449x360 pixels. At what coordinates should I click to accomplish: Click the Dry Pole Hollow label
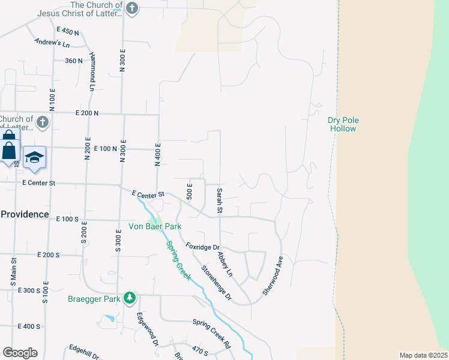pos(343,124)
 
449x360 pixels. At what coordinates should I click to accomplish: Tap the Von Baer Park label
pos(155,226)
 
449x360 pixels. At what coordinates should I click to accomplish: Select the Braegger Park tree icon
pos(130,298)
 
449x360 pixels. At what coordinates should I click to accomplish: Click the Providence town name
pos(24,214)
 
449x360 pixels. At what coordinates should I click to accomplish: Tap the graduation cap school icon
pos(34,157)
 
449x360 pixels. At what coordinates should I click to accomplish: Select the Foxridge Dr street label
pos(203,247)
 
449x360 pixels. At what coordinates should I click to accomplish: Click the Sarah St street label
pos(220,200)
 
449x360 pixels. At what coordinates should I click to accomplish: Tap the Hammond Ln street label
pos(93,71)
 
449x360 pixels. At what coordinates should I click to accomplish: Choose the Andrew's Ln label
pos(52,43)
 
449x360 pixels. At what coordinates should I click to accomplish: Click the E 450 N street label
pos(68,31)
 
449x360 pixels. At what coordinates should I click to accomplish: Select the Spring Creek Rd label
pos(211,332)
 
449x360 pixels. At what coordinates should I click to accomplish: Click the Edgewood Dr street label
pos(147,329)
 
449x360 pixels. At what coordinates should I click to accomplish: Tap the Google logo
pos(20,353)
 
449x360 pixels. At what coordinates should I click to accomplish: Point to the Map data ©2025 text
pos(423,355)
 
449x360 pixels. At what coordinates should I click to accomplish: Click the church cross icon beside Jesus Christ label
pos(133,8)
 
